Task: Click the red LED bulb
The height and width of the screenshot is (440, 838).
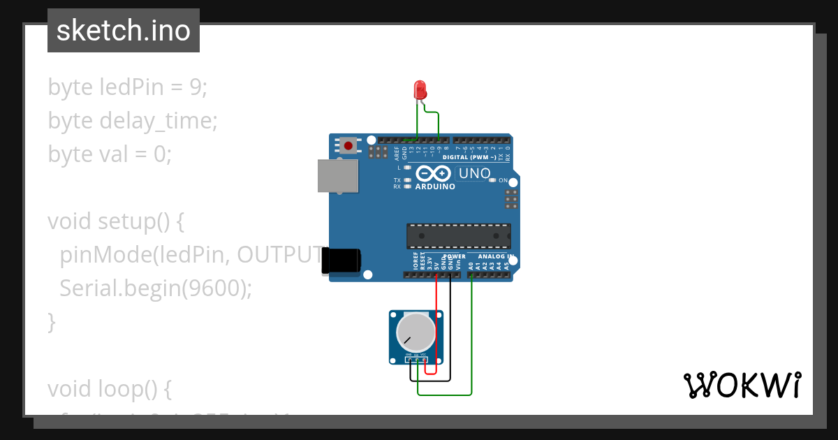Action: [420, 89]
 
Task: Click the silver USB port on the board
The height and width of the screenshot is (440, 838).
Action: [339, 175]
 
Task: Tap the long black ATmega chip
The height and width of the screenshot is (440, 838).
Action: [459, 236]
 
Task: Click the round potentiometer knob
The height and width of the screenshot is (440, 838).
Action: [416, 332]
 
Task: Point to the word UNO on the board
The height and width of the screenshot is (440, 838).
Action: [474, 173]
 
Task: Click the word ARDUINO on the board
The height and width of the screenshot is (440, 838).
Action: [435, 187]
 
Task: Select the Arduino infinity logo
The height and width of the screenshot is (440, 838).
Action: [434, 173]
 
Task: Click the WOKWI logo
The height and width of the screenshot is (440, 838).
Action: [742, 385]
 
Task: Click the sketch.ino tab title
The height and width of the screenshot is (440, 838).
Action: [124, 31]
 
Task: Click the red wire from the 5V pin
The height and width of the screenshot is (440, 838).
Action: [436, 321]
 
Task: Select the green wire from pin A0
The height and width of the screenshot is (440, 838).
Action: [471, 335]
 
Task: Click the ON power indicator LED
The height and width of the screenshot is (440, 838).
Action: [493, 180]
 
